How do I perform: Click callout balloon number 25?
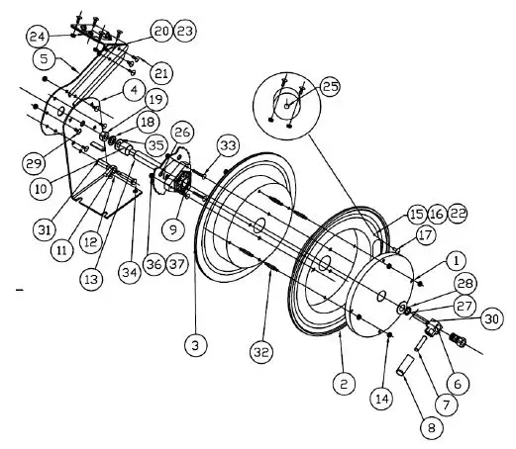coord(330,87)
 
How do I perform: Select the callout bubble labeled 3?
coord(196,344)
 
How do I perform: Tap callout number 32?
coord(261,352)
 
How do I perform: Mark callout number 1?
coord(455,261)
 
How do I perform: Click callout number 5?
coord(44,58)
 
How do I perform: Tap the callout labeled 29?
coord(36,160)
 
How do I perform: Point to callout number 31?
coord(44,229)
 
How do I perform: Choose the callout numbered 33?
coord(228,146)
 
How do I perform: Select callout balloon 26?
coord(182,133)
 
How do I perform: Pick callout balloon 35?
coord(155,144)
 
